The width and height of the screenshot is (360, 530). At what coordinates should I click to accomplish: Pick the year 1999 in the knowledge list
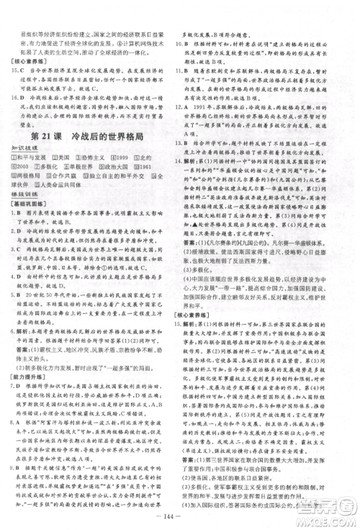(125, 156)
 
